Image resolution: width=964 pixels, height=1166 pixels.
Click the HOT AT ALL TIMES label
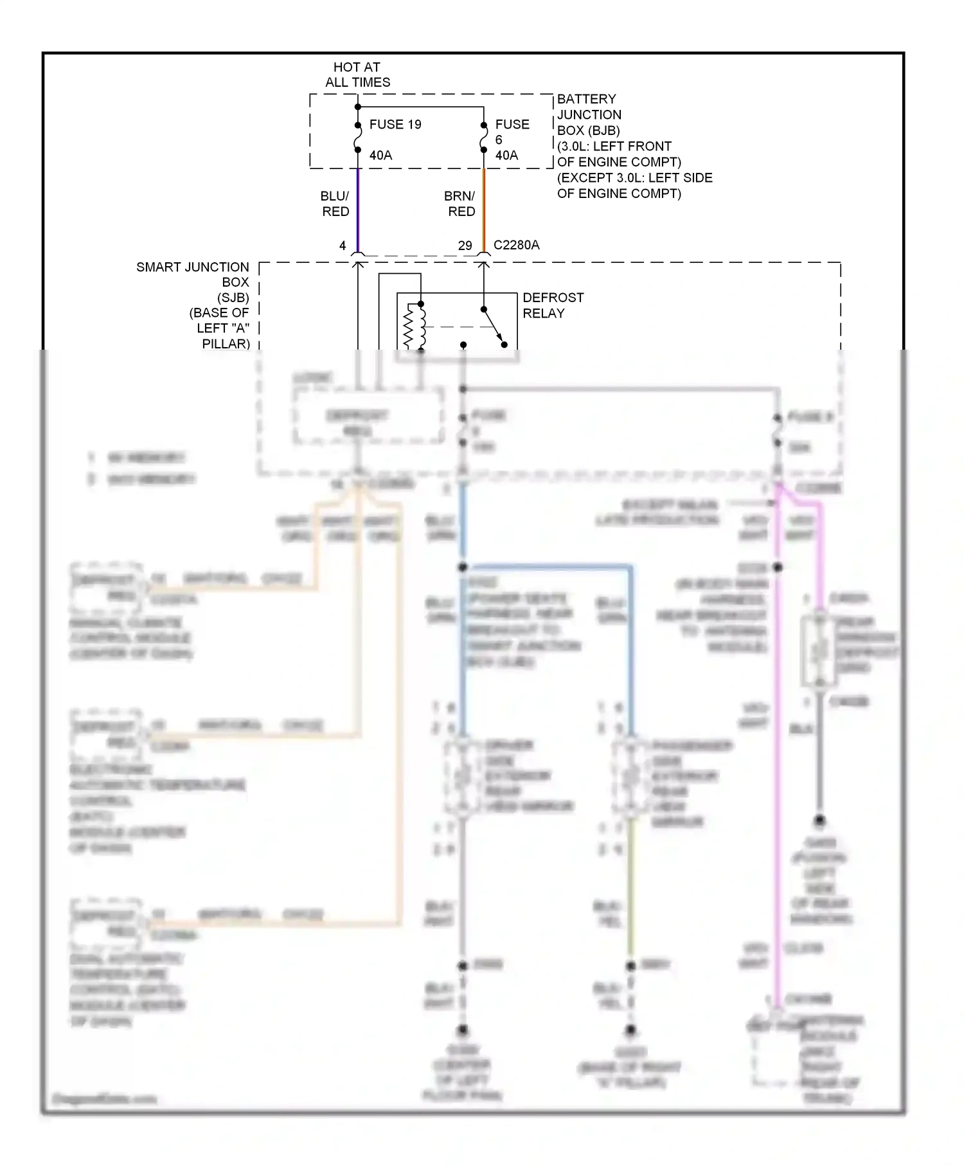coord(357,75)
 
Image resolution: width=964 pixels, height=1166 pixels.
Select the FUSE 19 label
coord(395,124)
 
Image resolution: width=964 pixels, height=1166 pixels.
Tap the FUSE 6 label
coord(512,131)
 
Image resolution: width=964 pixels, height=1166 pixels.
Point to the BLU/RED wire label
coord(335,204)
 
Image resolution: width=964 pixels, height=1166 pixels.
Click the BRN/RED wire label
coord(460,204)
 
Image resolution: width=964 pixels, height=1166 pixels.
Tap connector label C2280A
coord(516,245)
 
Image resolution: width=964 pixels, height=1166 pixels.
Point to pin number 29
coord(465,246)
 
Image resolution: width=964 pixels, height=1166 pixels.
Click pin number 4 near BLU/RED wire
coord(343,246)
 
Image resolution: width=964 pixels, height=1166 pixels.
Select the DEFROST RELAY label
coord(553,305)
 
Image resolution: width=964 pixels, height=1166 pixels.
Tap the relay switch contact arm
coord(493,326)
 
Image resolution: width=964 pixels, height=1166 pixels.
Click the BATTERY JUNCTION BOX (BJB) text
coord(589,114)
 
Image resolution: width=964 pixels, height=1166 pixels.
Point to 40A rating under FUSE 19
coord(380,155)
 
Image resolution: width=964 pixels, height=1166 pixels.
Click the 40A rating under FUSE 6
coord(506,155)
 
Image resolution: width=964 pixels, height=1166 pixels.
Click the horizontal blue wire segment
coord(546,567)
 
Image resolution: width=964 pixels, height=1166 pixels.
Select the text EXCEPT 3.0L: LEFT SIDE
coord(634,177)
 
